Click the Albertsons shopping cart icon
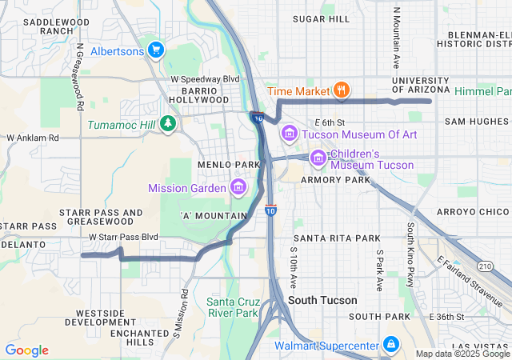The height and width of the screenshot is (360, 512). (x=155, y=50)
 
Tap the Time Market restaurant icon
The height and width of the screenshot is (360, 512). (x=341, y=90)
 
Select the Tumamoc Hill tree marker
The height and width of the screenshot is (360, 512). (x=167, y=123)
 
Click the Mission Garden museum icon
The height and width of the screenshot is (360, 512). (x=238, y=187)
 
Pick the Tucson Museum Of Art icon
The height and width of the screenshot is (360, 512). (x=289, y=134)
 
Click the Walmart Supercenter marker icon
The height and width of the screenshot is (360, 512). (x=390, y=345)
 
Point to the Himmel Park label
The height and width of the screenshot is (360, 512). (x=482, y=92)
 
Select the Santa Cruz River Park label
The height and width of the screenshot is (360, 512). (x=232, y=307)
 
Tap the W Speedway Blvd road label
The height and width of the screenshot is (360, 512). (x=206, y=79)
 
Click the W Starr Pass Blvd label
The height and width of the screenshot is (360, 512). (x=123, y=238)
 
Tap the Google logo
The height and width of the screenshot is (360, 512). (x=26, y=350)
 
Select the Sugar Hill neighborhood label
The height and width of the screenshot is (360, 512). (x=322, y=18)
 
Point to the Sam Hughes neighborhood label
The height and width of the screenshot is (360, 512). (x=477, y=121)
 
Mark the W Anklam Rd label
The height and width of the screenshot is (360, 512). (x=33, y=138)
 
